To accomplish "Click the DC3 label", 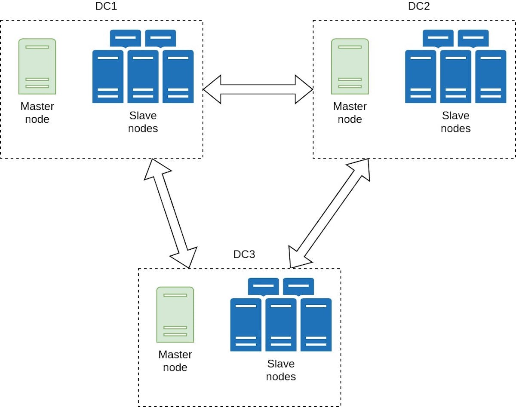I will (x=244, y=254).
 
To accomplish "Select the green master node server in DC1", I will (x=37, y=66).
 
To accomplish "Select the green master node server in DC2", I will (x=350, y=66).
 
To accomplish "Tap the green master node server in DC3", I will (x=175, y=315).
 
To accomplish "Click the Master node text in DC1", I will (x=37, y=113).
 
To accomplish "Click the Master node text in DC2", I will (x=350, y=113).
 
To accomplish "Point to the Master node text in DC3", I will (x=175, y=361).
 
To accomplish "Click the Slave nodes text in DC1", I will (x=143, y=122).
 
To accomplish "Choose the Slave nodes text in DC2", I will (x=456, y=122).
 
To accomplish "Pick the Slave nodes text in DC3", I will (x=281, y=370).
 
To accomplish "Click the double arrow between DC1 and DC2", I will (x=258, y=89).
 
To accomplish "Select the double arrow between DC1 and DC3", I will (x=171, y=213).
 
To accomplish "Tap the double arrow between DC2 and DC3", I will (x=329, y=213).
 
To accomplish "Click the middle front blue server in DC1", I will (x=143, y=77).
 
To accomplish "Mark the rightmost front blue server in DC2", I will (x=491, y=77).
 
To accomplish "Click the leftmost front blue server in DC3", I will (x=246, y=325).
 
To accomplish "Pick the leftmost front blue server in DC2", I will (x=421, y=77).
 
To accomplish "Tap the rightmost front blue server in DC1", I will (x=178, y=77).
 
